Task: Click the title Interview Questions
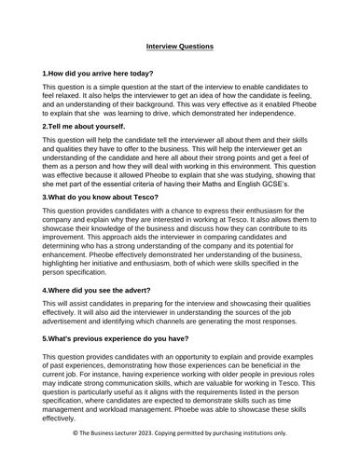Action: click(x=180, y=46)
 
